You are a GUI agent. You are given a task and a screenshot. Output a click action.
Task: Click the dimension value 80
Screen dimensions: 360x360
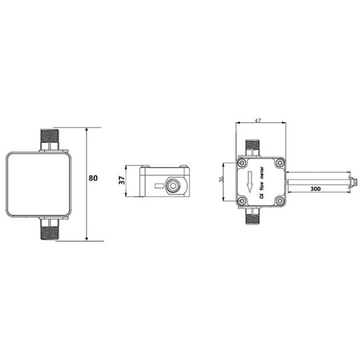point(93,178)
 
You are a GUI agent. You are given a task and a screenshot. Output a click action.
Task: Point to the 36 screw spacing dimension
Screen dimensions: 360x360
point(223,180)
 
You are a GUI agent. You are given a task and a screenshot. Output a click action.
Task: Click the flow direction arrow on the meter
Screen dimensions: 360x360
point(249,182)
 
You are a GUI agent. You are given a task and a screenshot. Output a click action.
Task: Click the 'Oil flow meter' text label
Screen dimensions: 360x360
point(262,183)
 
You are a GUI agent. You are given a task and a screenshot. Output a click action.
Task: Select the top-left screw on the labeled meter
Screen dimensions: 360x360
point(242,163)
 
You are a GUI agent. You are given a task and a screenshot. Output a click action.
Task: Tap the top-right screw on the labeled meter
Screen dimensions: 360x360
point(280,163)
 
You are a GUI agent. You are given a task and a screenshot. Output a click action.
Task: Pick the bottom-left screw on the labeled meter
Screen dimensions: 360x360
point(242,201)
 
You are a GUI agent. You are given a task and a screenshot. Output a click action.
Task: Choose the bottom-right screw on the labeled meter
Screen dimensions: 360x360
point(280,201)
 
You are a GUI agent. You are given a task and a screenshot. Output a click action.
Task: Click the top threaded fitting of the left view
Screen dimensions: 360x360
point(49,139)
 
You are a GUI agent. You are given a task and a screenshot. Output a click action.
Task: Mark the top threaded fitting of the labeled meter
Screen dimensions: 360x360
point(253,147)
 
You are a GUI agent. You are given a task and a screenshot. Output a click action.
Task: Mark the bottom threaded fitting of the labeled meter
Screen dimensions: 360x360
point(253,215)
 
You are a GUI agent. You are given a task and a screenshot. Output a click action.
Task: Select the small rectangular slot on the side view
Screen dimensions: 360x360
point(159,185)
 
